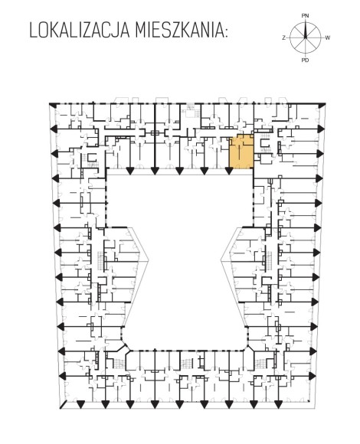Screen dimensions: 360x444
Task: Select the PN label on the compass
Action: pyautogui.click(x=305, y=16)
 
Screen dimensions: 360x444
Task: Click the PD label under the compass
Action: pyautogui.click(x=305, y=60)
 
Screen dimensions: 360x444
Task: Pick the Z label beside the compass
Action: pyautogui.click(x=283, y=38)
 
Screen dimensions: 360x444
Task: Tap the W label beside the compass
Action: pyautogui.click(x=327, y=38)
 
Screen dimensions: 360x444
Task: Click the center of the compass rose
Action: pyautogui.click(x=306, y=38)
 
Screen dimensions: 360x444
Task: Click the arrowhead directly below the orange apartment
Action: pyautogui.click(x=229, y=171)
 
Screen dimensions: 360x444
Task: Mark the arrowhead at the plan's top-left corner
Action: pyautogui.click(x=51, y=105)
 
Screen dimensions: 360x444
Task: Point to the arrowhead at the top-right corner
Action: pyautogui.click(x=322, y=106)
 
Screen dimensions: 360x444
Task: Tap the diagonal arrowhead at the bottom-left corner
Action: pyautogui.click(x=63, y=405)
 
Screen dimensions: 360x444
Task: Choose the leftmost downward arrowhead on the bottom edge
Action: pyautogui.click(x=80, y=404)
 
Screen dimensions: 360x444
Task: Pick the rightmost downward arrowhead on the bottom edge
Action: pyautogui.click(x=278, y=404)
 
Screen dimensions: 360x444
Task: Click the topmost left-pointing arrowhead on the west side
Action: pyautogui.click(x=54, y=129)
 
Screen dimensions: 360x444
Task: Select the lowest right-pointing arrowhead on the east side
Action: pyautogui.click(x=313, y=376)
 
